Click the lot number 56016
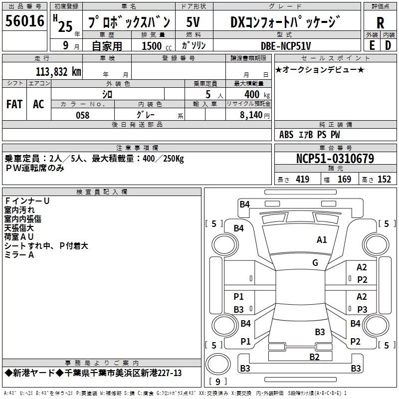(25, 21)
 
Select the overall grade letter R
(380, 22)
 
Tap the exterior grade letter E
(372, 45)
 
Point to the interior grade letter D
(388, 45)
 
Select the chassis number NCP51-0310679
(335, 159)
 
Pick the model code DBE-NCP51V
(286, 45)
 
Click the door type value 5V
(195, 22)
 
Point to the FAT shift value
(14, 104)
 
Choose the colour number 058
(82, 115)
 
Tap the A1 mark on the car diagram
(322, 240)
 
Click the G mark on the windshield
(315, 263)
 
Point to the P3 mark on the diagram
(362, 309)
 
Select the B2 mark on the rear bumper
(314, 357)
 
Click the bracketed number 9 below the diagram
(217, 382)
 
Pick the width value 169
(344, 180)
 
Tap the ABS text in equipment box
(286, 135)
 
